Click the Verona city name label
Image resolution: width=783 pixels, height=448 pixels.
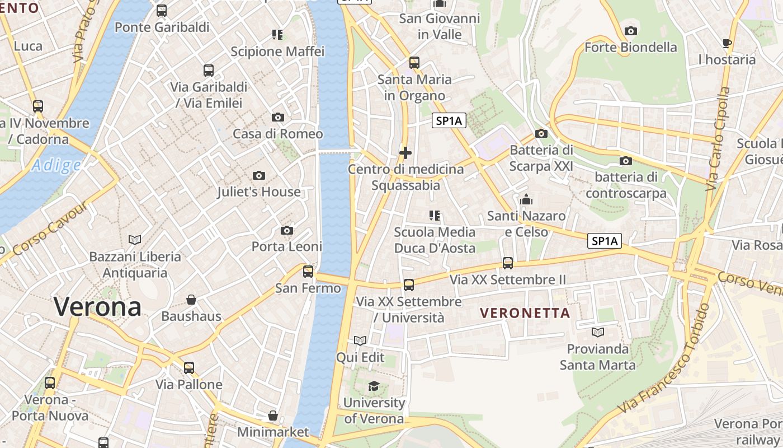pos(97,307)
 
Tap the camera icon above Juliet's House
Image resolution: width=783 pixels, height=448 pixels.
pos(258,176)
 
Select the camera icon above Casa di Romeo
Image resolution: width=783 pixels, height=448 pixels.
pos(277,118)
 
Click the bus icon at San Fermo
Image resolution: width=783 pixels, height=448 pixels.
pos(308,272)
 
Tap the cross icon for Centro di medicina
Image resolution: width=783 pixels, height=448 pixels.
pos(405,152)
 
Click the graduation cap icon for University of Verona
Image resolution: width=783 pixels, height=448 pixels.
pos(374,386)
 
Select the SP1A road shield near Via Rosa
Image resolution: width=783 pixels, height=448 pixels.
pos(605,241)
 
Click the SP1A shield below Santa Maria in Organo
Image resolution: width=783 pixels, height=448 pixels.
pos(449,121)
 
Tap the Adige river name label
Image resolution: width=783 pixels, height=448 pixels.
pos(56,165)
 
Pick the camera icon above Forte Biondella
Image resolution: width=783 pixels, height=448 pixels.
pos(631,31)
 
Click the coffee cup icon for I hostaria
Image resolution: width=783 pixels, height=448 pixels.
pos(727,43)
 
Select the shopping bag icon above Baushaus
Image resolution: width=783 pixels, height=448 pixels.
pos(191,300)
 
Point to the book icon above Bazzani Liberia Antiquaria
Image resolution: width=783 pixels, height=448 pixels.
pos(135,240)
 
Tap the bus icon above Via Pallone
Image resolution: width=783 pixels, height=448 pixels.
pos(189,368)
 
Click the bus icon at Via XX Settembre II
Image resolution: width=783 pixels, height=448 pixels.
pos(508,263)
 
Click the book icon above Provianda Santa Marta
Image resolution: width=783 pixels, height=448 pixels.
pos(598,333)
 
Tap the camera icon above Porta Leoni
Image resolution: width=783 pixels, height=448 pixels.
pos(287,231)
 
